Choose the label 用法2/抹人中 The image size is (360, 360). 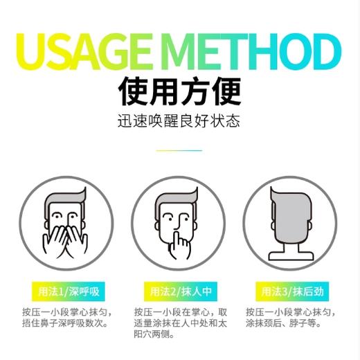click(180, 290)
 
